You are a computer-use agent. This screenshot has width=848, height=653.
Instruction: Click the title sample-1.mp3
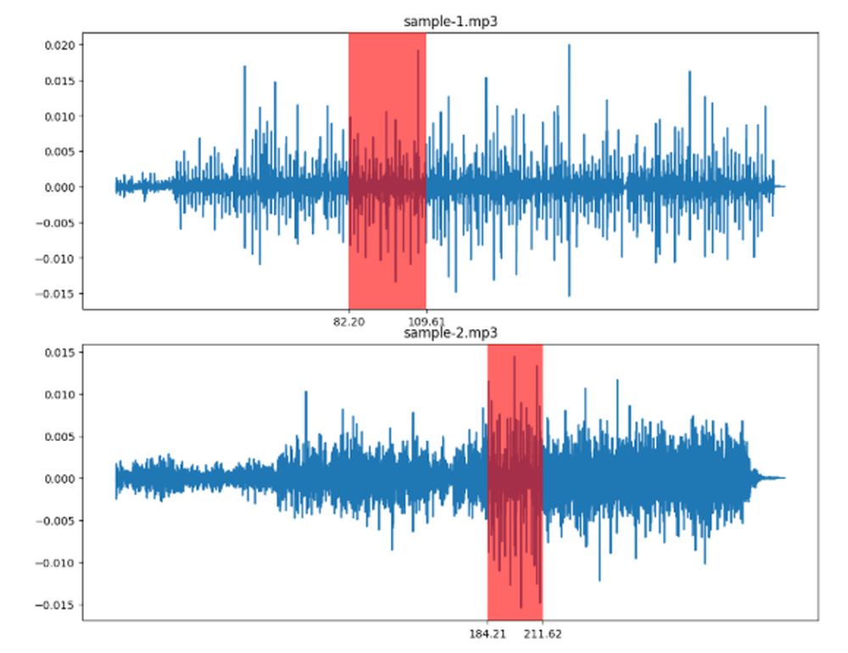pyautogui.click(x=449, y=22)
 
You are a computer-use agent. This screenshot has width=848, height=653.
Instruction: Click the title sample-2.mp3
pyautogui.click(x=449, y=333)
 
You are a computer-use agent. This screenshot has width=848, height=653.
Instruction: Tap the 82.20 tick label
pyautogui.click(x=349, y=322)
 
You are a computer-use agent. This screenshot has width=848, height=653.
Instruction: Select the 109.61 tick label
pyautogui.click(x=427, y=322)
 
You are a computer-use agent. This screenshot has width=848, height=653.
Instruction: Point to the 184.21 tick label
pyautogui.click(x=487, y=633)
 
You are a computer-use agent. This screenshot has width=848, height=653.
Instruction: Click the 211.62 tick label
pyautogui.click(x=544, y=633)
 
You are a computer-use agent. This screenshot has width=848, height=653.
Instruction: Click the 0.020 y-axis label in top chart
pyautogui.click(x=59, y=45)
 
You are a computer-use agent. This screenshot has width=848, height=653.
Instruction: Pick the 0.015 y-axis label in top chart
pyautogui.click(x=59, y=81)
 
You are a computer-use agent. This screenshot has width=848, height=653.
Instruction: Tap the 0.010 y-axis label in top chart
pyautogui.click(x=59, y=116)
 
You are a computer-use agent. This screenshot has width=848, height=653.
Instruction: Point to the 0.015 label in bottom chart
pyautogui.click(x=59, y=352)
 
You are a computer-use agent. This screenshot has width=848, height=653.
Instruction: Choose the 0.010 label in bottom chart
pyautogui.click(x=59, y=394)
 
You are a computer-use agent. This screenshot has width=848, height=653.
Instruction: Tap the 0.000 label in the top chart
pyautogui.click(x=59, y=187)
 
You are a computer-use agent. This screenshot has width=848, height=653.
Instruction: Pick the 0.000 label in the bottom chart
pyautogui.click(x=59, y=478)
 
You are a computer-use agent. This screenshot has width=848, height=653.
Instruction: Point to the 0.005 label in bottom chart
pyautogui.click(x=59, y=437)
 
